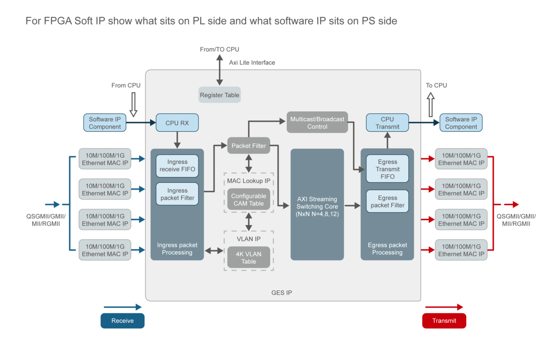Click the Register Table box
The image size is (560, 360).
219,95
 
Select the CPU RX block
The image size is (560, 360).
177,123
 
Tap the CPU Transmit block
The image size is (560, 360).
387,123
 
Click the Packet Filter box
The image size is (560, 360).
249,145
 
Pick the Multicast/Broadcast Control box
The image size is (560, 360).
317,123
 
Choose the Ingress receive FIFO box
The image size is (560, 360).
177,166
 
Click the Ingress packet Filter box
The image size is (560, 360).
177,194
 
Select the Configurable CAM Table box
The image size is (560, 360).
249,200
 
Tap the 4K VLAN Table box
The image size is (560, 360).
249,257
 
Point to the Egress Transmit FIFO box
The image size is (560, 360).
387,169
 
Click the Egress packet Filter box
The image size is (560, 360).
387,201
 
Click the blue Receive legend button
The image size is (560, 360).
123,321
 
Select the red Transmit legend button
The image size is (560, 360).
444,321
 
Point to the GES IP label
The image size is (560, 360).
282,293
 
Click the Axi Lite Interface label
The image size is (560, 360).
252,62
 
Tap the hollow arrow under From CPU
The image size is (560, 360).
134,105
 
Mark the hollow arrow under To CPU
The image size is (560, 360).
431,105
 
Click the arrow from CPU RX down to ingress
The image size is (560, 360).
177,140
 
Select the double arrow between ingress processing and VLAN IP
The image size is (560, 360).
214,251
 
